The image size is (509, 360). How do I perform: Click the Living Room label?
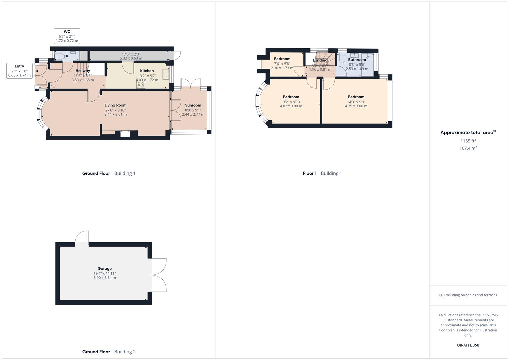tap(115, 105)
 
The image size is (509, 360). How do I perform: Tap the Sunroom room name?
tap(193, 105)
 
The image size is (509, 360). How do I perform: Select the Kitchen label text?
tap(147, 71)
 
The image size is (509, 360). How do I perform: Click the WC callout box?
tap(67, 36)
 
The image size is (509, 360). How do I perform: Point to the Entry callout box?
tap(19, 71)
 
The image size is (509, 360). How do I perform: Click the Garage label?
tap(105, 269)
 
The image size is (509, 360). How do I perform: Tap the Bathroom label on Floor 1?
tap(357, 60)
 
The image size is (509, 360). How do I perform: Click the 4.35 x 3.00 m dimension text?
tap(356, 106)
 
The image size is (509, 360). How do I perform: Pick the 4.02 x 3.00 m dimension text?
tap(291, 106)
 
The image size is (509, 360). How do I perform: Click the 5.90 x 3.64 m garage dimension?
tap(105, 278)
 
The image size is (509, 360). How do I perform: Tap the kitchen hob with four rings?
tap(141, 85)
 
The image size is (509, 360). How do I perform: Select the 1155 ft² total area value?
tap(468, 141)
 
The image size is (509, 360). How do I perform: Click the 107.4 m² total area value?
tap(468, 148)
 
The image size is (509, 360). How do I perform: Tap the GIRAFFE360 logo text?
tap(468, 345)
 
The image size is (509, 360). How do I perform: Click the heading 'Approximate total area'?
tap(467, 133)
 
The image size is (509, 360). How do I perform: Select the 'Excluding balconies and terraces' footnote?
tap(468, 295)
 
